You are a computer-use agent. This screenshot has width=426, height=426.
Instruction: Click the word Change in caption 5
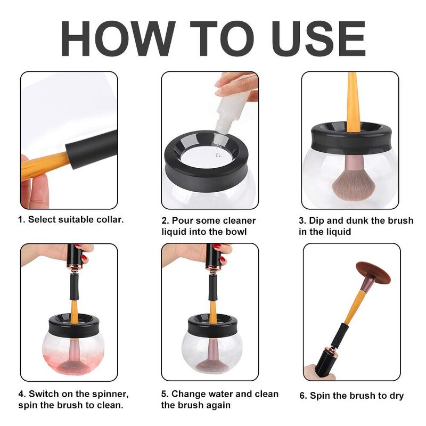189,395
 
